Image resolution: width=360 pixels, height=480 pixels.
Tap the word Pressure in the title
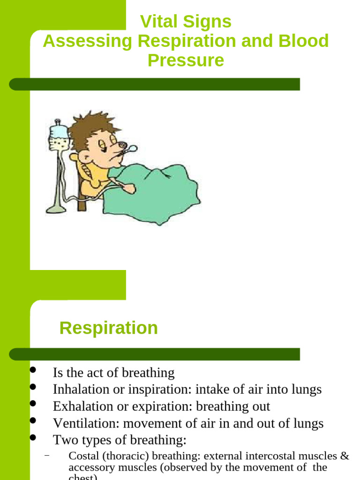coord(186,60)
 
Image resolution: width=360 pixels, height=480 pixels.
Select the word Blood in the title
coord(304,41)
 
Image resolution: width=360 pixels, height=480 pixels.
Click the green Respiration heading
coord(108,328)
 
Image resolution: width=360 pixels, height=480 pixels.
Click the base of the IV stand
coord(56,209)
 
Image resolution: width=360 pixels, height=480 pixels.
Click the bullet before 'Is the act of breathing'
coord(33,370)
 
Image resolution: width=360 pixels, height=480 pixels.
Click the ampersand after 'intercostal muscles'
coord(345,456)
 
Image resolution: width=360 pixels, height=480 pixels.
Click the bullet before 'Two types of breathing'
coord(33,438)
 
